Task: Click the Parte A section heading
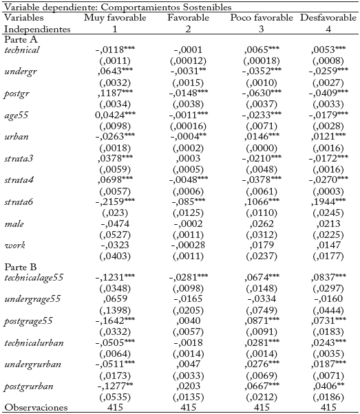tap(19, 39)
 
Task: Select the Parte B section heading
tap(19, 266)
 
